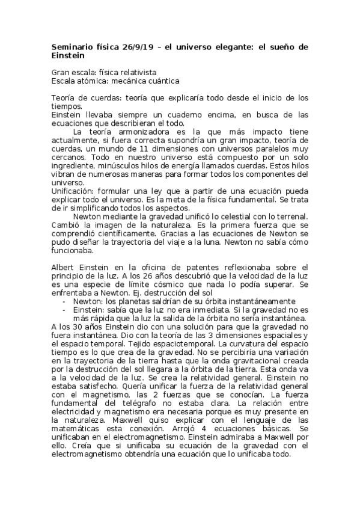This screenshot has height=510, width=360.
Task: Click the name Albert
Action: tap(63, 266)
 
